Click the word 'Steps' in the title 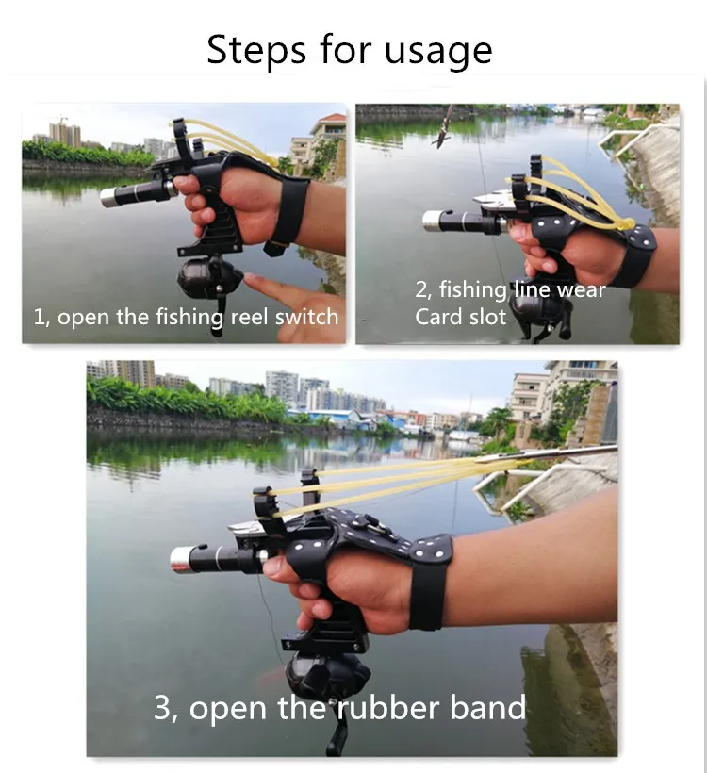(255, 50)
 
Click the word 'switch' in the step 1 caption (306, 317)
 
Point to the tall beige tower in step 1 (65, 134)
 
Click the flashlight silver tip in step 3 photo (181, 561)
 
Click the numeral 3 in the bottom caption (162, 708)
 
